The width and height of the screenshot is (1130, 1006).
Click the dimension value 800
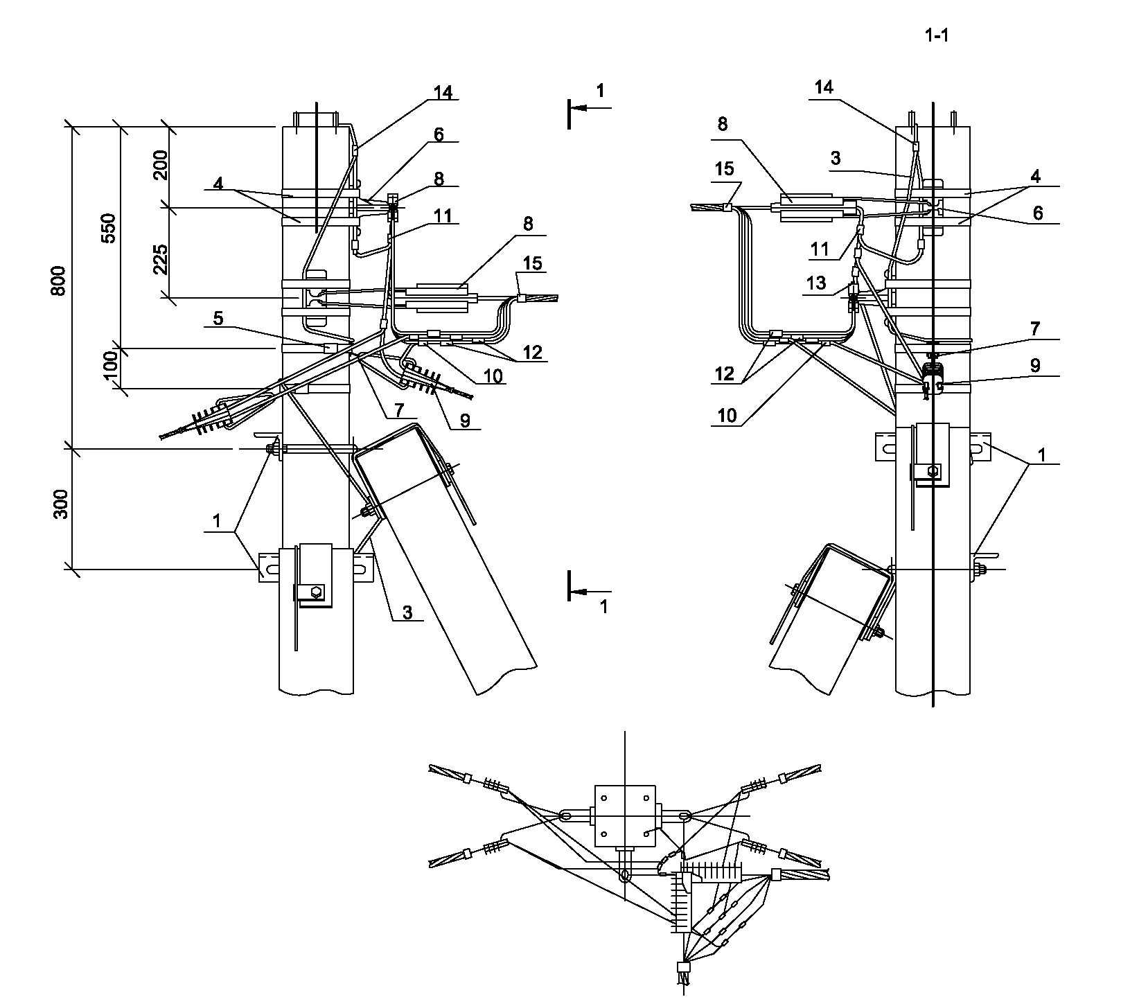[x=60, y=280]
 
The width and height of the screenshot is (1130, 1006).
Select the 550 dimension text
[x=109, y=228]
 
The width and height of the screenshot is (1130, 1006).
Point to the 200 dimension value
[x=161, y=165]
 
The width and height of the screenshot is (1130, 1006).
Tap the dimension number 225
[x=161, y=260]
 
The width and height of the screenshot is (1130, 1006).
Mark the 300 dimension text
[x=61, y=504]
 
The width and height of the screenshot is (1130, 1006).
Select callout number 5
[x=218, y=319]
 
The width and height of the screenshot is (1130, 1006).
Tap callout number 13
[x=817, y=283]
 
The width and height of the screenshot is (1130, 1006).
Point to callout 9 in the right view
[x=1035, y=365]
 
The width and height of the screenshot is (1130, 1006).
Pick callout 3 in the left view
[x=407, y=612]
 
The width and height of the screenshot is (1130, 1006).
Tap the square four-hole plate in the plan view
[x=625, y=815]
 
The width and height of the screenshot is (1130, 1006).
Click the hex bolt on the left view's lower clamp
[x=316, y=592]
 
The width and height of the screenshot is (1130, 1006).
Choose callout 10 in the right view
[x=727, y=415]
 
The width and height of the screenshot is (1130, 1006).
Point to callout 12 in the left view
[x=533, y=351]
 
